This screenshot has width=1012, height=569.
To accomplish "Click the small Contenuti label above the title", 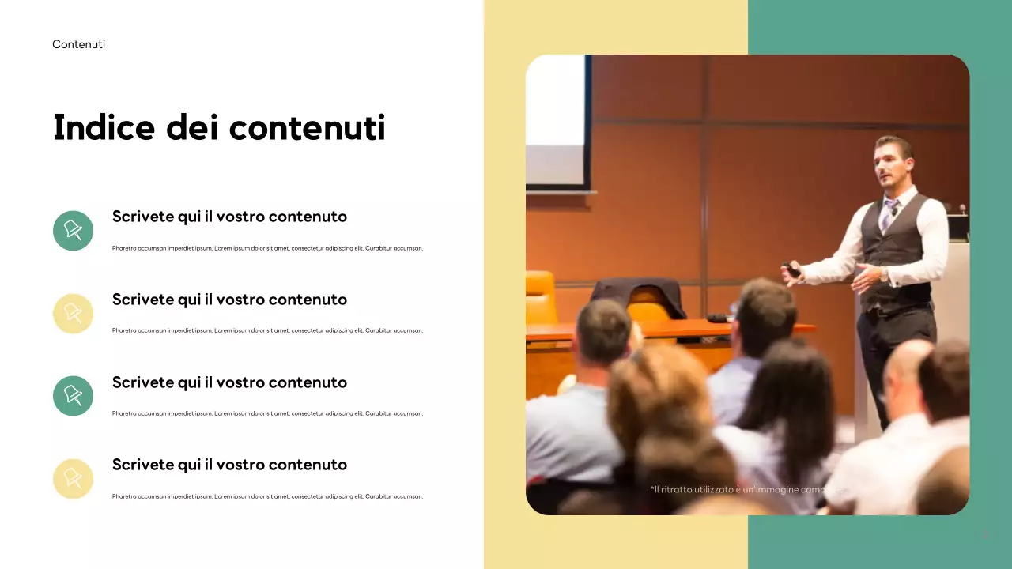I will point(78,44).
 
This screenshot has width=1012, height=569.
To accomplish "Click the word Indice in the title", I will point(103,127).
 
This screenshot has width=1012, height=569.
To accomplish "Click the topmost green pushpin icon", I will point(73,231).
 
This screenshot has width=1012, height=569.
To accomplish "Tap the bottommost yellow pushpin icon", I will point(73,479).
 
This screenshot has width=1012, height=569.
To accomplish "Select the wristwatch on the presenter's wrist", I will point(883,274).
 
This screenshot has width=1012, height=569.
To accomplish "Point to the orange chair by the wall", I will point(541,296).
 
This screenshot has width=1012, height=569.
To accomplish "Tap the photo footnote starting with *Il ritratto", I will point(747,490).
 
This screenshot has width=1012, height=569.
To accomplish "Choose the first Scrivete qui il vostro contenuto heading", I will point(229,217).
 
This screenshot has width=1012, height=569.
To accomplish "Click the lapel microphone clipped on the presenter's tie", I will point(894,210).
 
